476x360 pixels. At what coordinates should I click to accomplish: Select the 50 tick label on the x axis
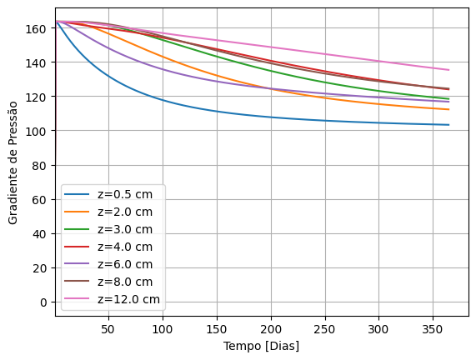(108, 329)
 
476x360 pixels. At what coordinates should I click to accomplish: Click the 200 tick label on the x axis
(270, 329)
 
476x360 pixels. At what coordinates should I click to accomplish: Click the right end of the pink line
(448, 70)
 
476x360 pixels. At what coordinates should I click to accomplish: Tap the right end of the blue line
(448, 125)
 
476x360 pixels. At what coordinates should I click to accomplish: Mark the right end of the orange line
(448, 109)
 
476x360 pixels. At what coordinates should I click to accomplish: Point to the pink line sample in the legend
(80, 299)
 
